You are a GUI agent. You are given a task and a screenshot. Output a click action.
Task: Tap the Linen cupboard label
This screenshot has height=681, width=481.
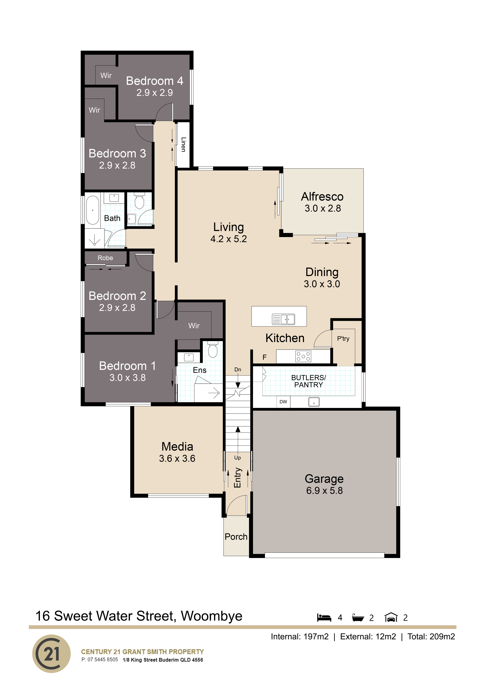tap(183, 144)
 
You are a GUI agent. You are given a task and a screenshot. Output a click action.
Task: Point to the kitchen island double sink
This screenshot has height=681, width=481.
tap(283, 319)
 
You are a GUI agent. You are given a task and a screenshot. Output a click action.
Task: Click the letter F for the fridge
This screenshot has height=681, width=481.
tap(265, 357)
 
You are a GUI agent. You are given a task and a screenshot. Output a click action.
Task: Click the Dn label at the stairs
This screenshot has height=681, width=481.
tap(238, 370)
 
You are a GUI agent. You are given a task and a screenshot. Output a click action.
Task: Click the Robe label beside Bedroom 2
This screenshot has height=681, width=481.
tap(105, 258)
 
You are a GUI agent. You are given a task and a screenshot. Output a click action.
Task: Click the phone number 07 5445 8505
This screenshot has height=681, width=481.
tap(103, 659)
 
